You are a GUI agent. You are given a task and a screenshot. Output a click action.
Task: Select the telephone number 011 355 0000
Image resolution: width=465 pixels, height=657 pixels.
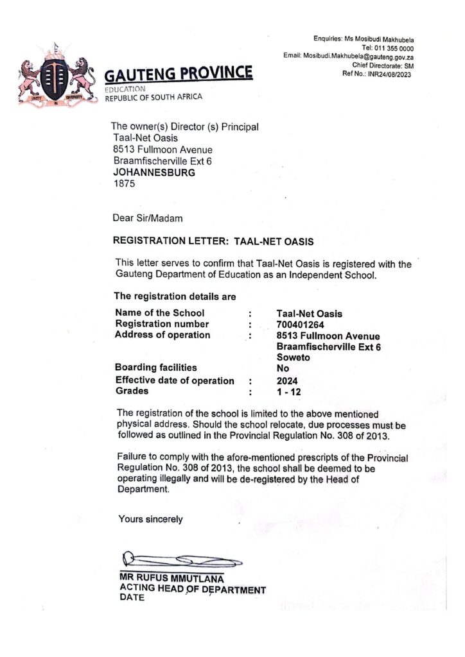[x=397, y=48]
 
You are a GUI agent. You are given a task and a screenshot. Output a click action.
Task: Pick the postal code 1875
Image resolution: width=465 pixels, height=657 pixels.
[x=125, y=184]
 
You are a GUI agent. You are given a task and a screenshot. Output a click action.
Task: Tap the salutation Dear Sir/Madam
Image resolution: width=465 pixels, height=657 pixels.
[x=148, y=218]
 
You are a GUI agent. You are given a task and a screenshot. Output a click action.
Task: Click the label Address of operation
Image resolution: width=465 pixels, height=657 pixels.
[x=162, y=335]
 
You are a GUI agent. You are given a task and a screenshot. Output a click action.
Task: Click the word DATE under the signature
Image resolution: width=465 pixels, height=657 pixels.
[x=132, y=597]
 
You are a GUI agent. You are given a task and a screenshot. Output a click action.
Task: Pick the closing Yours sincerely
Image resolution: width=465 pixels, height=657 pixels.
[x=150, y=519]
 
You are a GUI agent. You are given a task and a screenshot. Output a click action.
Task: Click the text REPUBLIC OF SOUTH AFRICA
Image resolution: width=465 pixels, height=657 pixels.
[x=154, y=97]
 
